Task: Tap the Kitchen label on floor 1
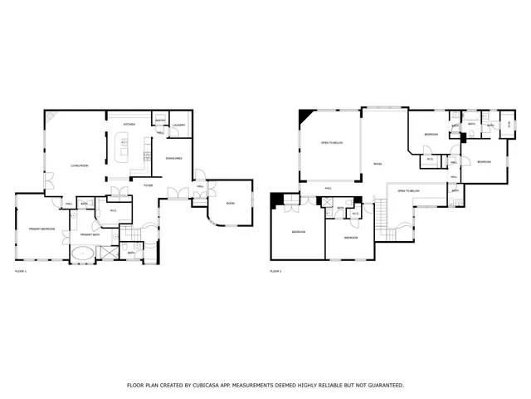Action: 129,125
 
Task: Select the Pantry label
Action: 161,121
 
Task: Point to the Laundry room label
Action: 178,125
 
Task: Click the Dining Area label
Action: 174,157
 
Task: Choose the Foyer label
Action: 148,185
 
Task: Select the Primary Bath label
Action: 90,235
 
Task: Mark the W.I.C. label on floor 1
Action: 114,210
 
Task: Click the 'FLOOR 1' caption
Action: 21,272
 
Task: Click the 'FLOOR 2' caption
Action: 275,272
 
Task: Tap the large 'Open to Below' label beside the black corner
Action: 332,143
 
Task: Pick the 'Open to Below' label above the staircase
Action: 408,190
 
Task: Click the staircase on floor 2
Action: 382,221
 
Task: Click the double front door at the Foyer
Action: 177,194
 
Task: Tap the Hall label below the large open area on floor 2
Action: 329,189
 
